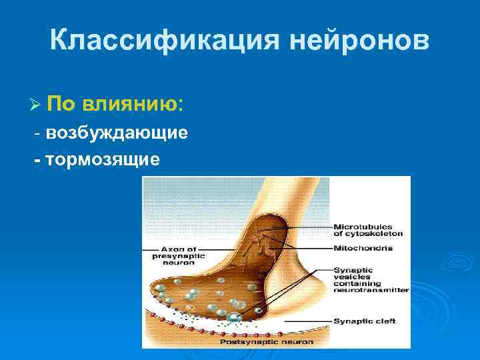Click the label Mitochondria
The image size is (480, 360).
pyautogui.click(x=363, y=248)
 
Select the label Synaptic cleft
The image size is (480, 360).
pyautogui.click(x=365, y=321)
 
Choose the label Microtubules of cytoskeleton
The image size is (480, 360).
pyautogui.click(x=368, y=230)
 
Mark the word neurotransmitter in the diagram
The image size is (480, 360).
pyautogui.click(x=371, y=291)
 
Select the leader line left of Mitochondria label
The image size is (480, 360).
pyautogui.click(x=313, y=248)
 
